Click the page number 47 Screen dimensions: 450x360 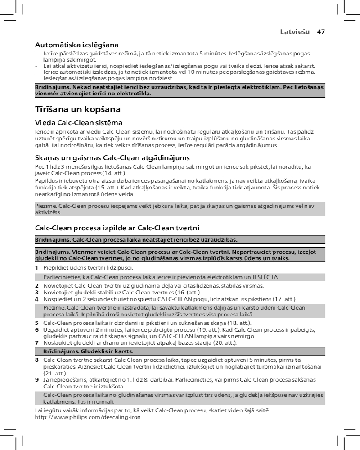[321, 32]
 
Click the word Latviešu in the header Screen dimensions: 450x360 [295, 32]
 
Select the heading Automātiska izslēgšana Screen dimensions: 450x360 [77, 45]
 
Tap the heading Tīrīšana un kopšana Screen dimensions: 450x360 [78, 109]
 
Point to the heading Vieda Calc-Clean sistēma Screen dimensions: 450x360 [79, 122]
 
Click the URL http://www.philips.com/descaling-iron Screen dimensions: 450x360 [89, 417]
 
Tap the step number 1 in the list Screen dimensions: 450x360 [37, 268]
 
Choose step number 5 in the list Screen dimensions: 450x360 [37, 323]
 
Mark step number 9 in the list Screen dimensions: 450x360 [37, 380]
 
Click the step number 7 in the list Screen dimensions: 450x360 [37, 343]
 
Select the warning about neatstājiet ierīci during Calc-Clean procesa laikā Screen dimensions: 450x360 [137, 239]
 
